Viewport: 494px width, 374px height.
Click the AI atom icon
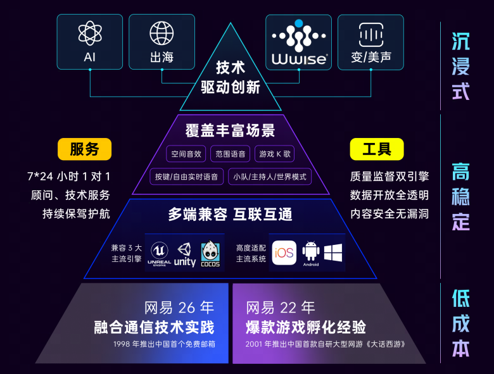point(90,33)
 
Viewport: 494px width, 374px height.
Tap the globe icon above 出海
point(161,33)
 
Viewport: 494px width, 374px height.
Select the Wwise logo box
point(298,42)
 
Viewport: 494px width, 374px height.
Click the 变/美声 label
point(371,58)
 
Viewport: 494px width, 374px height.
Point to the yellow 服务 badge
point(84,149)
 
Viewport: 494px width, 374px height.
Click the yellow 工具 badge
point(377,149)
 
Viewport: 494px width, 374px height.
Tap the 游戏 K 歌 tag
point(275,154)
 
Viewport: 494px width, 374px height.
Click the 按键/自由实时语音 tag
point(186,177)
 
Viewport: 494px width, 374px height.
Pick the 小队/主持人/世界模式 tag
point(270,177)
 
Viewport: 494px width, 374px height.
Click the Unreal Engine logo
point(159,252)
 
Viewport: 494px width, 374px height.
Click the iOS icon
point(284,252)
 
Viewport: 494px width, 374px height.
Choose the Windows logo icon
point(333,252)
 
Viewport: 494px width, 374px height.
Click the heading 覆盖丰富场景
point(231,131)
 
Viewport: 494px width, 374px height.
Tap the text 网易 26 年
point(179,308)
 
